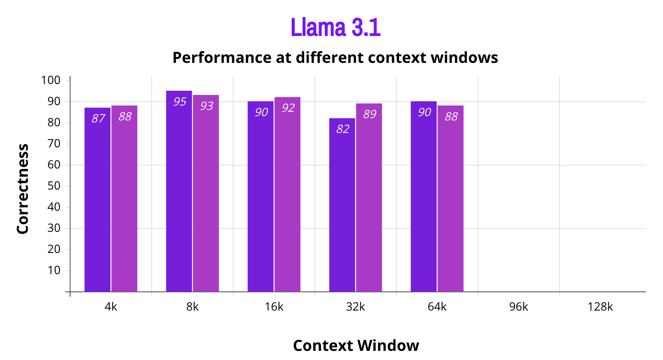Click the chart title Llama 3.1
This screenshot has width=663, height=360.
coord(335,28)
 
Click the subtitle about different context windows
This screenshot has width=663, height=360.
coord(335,58)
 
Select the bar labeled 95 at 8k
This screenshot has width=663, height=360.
coord(179,192)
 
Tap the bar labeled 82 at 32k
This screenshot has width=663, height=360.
coord(342,206)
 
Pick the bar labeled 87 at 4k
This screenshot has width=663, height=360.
coord(97,202)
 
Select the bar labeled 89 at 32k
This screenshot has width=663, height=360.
coord(369,199)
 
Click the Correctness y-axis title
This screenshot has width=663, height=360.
coord(23,189)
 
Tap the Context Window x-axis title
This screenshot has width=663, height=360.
coord(356,346)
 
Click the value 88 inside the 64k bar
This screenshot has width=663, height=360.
coord(451,117)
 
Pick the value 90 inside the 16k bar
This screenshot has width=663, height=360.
coord(261,113)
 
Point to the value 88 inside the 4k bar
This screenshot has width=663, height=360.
coord(125,117)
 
